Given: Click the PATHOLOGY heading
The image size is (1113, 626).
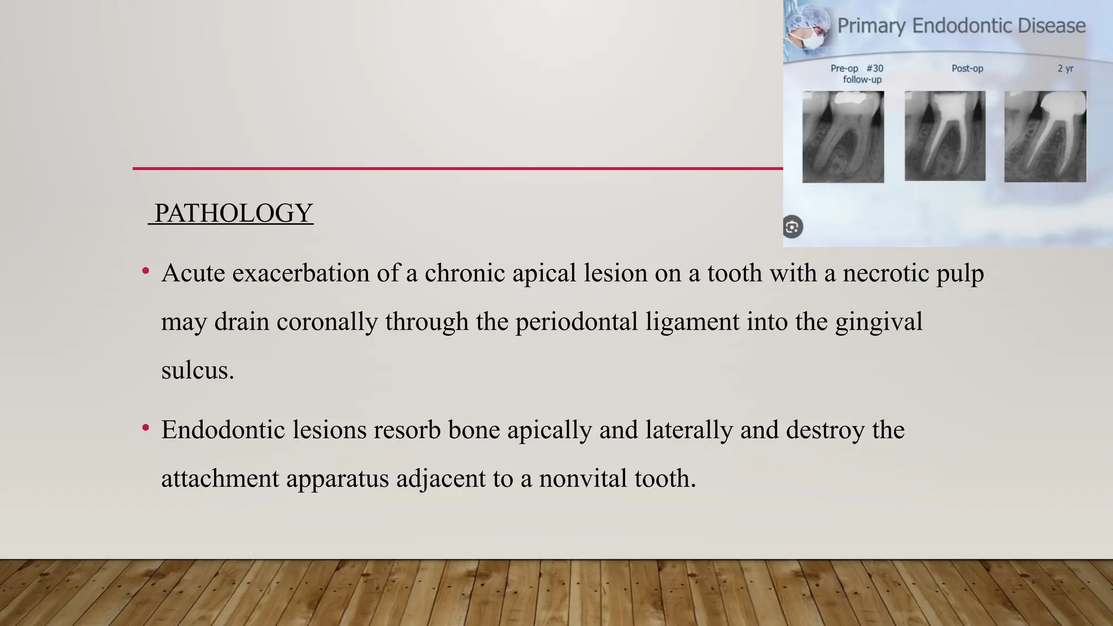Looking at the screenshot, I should (x=233, y=213).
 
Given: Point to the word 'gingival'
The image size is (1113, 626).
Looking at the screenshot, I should (x=879, y=322).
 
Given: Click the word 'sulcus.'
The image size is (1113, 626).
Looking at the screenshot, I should (x=197, y=371).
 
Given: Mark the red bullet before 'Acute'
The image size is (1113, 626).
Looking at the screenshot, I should (x=146, y=271).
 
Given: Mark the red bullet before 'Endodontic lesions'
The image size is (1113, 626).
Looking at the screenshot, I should (x=146, y=428).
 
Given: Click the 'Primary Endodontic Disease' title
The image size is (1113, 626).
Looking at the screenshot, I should (x=961, y=26).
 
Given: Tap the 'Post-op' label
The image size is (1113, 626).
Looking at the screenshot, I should (x=967, y=68).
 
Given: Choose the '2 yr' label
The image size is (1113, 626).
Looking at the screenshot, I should (x=1065, y=68).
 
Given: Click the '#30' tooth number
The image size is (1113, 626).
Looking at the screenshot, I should (x=874, y=68).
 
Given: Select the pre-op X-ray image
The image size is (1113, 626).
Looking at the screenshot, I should (x=843, y=136).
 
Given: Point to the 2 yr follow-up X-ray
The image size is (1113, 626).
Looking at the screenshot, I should (x=1045, y=136).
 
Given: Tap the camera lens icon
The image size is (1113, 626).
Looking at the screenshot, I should (x=792, y=227).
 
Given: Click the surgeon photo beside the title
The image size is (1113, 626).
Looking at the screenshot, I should (x=808, y=27).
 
